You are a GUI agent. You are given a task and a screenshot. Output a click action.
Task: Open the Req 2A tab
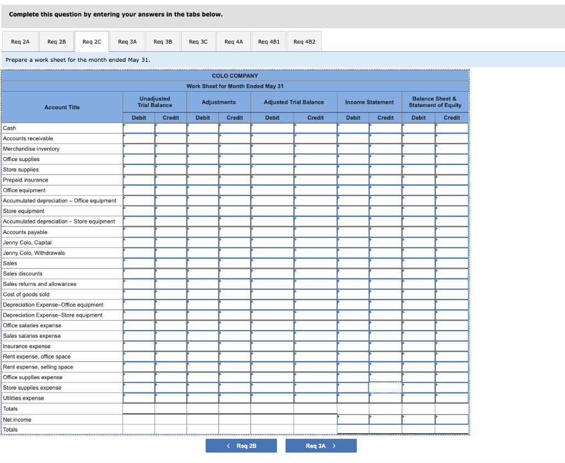[x=20, y=41]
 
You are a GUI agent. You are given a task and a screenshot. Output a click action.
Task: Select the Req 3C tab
[x=198, y=41]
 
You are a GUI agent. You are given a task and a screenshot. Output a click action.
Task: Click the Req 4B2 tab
[x=303, y=41]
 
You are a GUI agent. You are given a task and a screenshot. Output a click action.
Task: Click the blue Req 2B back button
[x=241, y=446]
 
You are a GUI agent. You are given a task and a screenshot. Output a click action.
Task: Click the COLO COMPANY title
[x=234, y=76]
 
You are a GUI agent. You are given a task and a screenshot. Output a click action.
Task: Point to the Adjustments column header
[x=218, y=102]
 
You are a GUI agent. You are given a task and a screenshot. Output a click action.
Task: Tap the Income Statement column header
[x=369, y=102]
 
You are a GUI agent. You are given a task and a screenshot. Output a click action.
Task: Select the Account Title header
[x=62, y=107]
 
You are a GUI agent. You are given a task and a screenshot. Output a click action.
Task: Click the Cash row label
[x=9, y=128]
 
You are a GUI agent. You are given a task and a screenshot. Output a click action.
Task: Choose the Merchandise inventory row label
[x=31, y=149]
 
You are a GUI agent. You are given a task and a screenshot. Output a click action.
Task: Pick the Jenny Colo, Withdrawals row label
[x=34, y=253]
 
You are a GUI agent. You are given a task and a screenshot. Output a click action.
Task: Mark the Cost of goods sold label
[x=26, y=295]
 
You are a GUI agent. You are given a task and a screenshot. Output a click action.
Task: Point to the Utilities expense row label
[x=23, y=398]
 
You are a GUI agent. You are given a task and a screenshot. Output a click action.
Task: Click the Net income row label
[x=17, y=420]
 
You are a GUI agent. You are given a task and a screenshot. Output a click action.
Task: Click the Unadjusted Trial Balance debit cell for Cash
[x=139, y=128]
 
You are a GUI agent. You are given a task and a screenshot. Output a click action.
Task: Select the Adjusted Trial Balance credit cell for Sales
[x=315, y=263]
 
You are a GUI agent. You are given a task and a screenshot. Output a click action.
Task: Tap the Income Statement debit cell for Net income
[x=353, y=420]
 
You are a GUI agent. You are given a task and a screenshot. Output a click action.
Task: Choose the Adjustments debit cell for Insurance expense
[x=202, y=347]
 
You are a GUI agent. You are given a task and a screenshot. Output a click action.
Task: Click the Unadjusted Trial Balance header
[x=154, y=102]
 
